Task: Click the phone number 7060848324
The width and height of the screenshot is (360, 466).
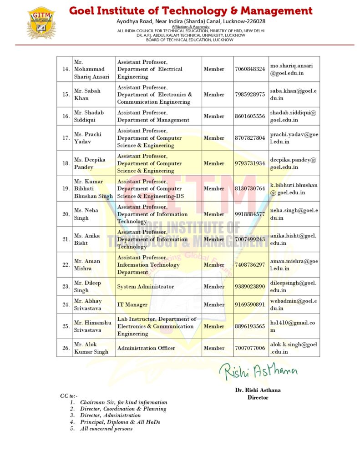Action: (x=249, y=69)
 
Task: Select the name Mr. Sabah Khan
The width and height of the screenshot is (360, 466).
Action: (x=87, y=94)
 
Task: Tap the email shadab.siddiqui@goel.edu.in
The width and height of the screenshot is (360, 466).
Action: (x=293, y=116)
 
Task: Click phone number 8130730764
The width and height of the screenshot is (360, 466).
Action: (x=249, y=188)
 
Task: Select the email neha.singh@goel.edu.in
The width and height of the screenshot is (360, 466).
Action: (x=294, y=214)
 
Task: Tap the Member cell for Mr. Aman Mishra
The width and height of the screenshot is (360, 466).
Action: (x=214, y=265)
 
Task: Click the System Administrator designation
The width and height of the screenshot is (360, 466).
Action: (x=146, y=287)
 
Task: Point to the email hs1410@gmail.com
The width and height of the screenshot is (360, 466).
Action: (x=294, y=326)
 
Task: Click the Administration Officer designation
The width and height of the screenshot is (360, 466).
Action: (x=146, y=348)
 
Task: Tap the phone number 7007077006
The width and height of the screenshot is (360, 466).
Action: (x=249, y=348)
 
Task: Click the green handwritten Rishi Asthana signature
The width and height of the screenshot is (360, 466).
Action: (x=259, y=371)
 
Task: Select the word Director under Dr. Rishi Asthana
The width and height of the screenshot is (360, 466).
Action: (x=258, y=397)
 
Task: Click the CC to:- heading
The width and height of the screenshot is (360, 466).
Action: (x=69, y=395)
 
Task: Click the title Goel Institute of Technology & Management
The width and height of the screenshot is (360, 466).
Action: (x=191, y=11)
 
